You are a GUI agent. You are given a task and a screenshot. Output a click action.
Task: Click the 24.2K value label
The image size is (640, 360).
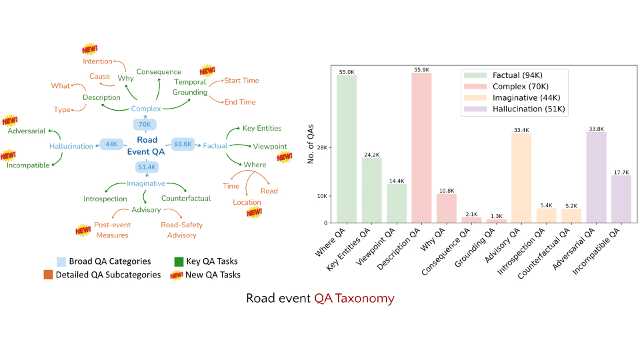point(371,155)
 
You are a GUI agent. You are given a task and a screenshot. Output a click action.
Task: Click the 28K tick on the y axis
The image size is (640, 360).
point(325,148)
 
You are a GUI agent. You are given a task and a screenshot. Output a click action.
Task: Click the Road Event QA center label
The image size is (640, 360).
point(147,145)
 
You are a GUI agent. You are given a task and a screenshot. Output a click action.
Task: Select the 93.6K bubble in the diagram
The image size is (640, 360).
point(183,144)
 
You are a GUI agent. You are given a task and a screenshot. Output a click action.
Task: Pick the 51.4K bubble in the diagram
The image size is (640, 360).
point(146,166)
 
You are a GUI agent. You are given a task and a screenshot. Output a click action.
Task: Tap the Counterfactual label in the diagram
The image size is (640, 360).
point(186,198)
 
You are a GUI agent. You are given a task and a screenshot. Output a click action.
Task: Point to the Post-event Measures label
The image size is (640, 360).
point(111,230)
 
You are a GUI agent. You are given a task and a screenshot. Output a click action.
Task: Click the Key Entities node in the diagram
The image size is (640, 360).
point(262,128)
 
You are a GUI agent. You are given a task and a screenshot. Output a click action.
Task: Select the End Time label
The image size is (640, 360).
point(240,102)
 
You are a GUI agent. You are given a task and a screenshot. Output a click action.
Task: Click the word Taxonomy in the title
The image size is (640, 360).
point(365,298)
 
